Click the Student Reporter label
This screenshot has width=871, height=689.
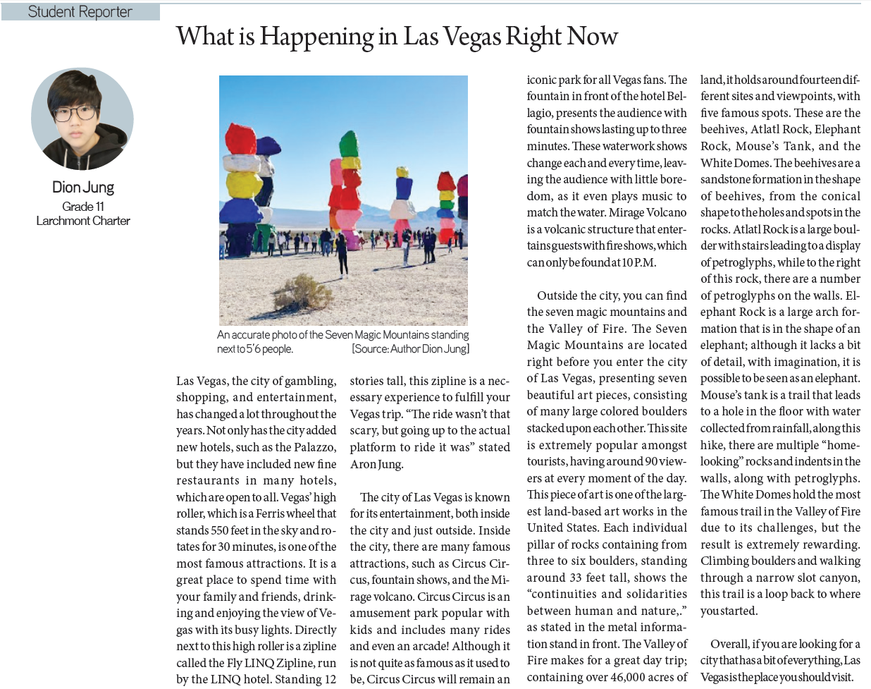80,11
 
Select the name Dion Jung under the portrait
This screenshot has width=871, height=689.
83,187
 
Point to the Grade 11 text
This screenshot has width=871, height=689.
83,206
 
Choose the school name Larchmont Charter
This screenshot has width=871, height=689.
83,221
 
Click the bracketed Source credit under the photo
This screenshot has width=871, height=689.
410,349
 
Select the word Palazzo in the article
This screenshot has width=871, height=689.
314,447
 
